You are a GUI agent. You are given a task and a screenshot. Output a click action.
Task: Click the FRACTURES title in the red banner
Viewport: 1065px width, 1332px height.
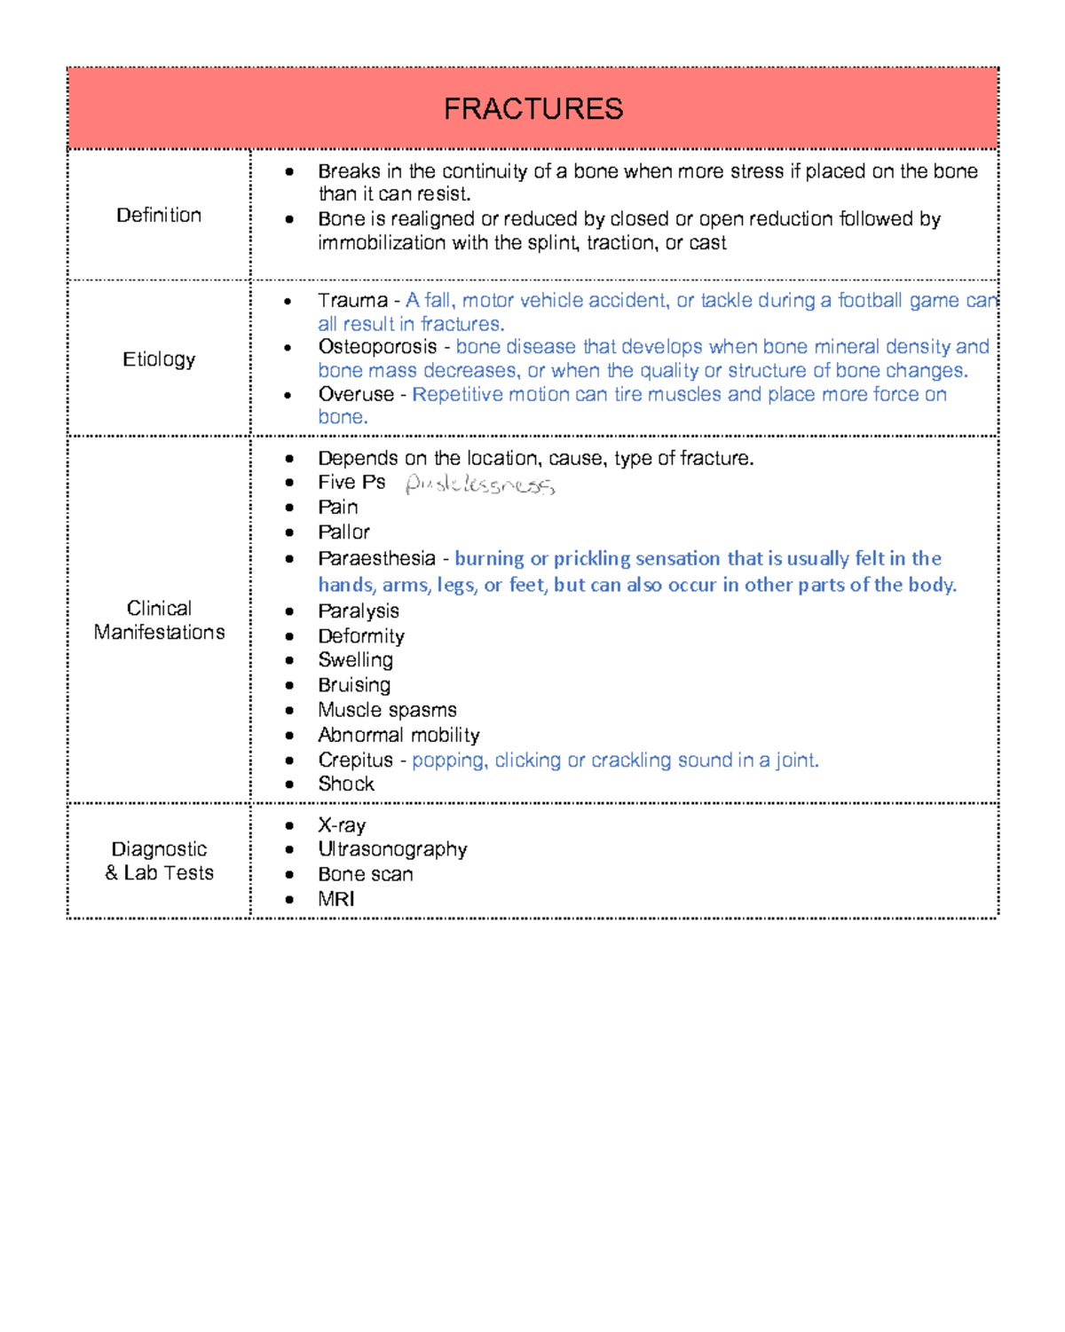click(532, 109)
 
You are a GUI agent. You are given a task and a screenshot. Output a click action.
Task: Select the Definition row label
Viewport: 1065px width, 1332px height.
click(159, 216)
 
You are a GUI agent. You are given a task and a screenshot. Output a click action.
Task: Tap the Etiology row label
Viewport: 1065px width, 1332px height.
click(159, 359)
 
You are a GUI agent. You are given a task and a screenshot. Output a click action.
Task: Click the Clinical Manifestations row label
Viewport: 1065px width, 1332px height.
click(159, 620)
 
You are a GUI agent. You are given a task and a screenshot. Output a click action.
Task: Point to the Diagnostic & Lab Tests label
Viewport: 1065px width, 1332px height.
click(159, 861)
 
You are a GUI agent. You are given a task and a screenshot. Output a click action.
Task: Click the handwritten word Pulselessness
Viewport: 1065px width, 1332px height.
click(479, 485)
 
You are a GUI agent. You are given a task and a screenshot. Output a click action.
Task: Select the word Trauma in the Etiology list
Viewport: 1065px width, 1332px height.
click(352, 301)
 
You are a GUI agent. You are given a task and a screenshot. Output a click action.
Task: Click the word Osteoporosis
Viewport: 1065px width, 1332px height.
click(377, 347)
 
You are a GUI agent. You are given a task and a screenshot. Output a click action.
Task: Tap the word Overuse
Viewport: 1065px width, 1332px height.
click(356, 394)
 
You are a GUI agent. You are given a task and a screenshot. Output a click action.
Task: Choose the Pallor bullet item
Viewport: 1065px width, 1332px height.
click(343, 532)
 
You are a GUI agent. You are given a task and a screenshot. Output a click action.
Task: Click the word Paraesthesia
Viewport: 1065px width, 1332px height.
click(376, 559)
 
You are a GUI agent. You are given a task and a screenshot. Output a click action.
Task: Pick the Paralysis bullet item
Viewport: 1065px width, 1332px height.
click(359, 611)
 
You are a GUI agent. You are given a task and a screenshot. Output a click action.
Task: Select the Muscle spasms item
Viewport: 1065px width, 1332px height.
click(387, 710)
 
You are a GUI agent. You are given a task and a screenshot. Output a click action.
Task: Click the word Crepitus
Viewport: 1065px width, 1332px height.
click(355, 761)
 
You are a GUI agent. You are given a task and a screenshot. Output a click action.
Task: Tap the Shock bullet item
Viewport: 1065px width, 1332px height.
click(346, 784)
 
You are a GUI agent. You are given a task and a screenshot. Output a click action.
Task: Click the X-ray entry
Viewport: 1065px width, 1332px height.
click(342, 826)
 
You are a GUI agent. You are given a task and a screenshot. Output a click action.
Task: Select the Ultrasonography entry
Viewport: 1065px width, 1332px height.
click(392, 850)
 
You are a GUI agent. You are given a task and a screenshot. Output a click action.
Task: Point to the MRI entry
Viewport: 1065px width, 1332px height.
click(336, 899)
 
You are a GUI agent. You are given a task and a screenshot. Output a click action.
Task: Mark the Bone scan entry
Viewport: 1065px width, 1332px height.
click(365, 875)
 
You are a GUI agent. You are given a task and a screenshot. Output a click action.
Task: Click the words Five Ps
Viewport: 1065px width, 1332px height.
click(351, 483)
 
